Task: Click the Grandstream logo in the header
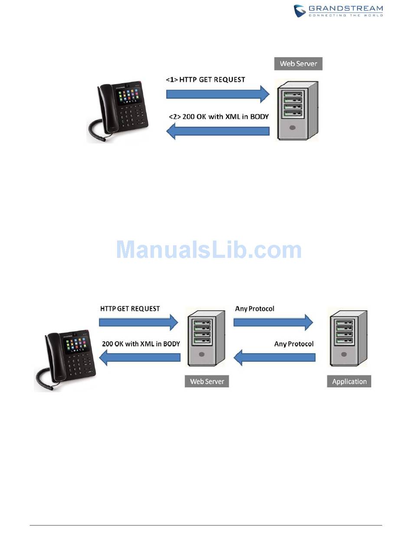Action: tap(338, 11)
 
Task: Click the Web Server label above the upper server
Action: tap(298, 64)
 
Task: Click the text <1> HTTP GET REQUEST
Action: tap(206, 79)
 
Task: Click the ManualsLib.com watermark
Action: tap(209, 250)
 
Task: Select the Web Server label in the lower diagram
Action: tap(207, 381)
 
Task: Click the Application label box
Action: tap(349, 381)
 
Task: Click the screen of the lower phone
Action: tap(78, 346)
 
